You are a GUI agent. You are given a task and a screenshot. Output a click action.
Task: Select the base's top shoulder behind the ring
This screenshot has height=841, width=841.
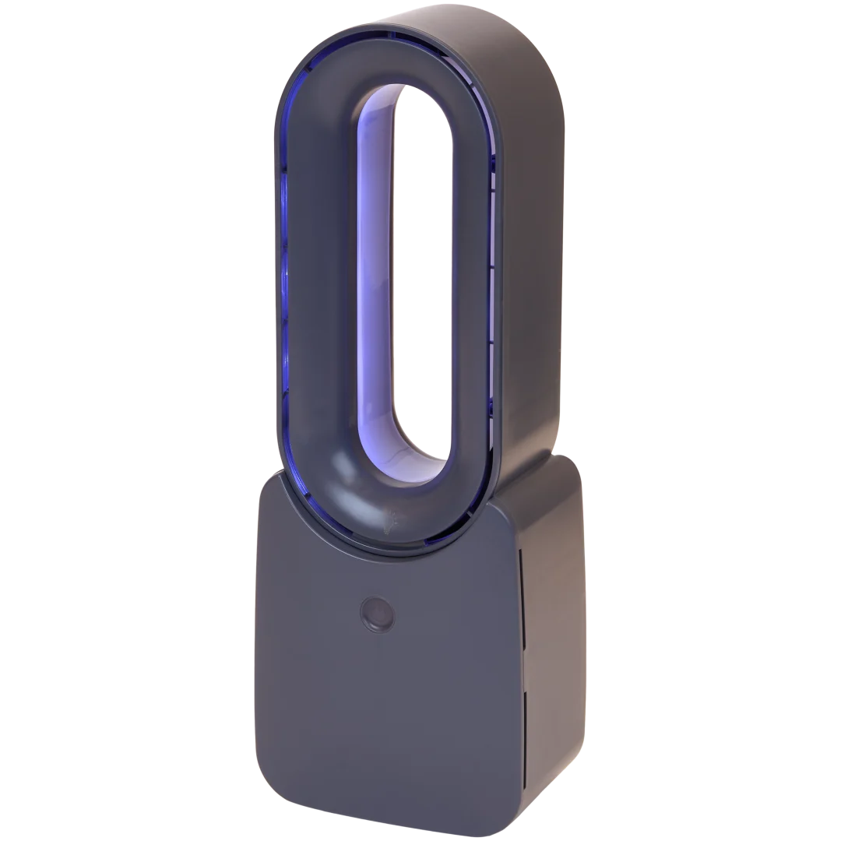(537, 467)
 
